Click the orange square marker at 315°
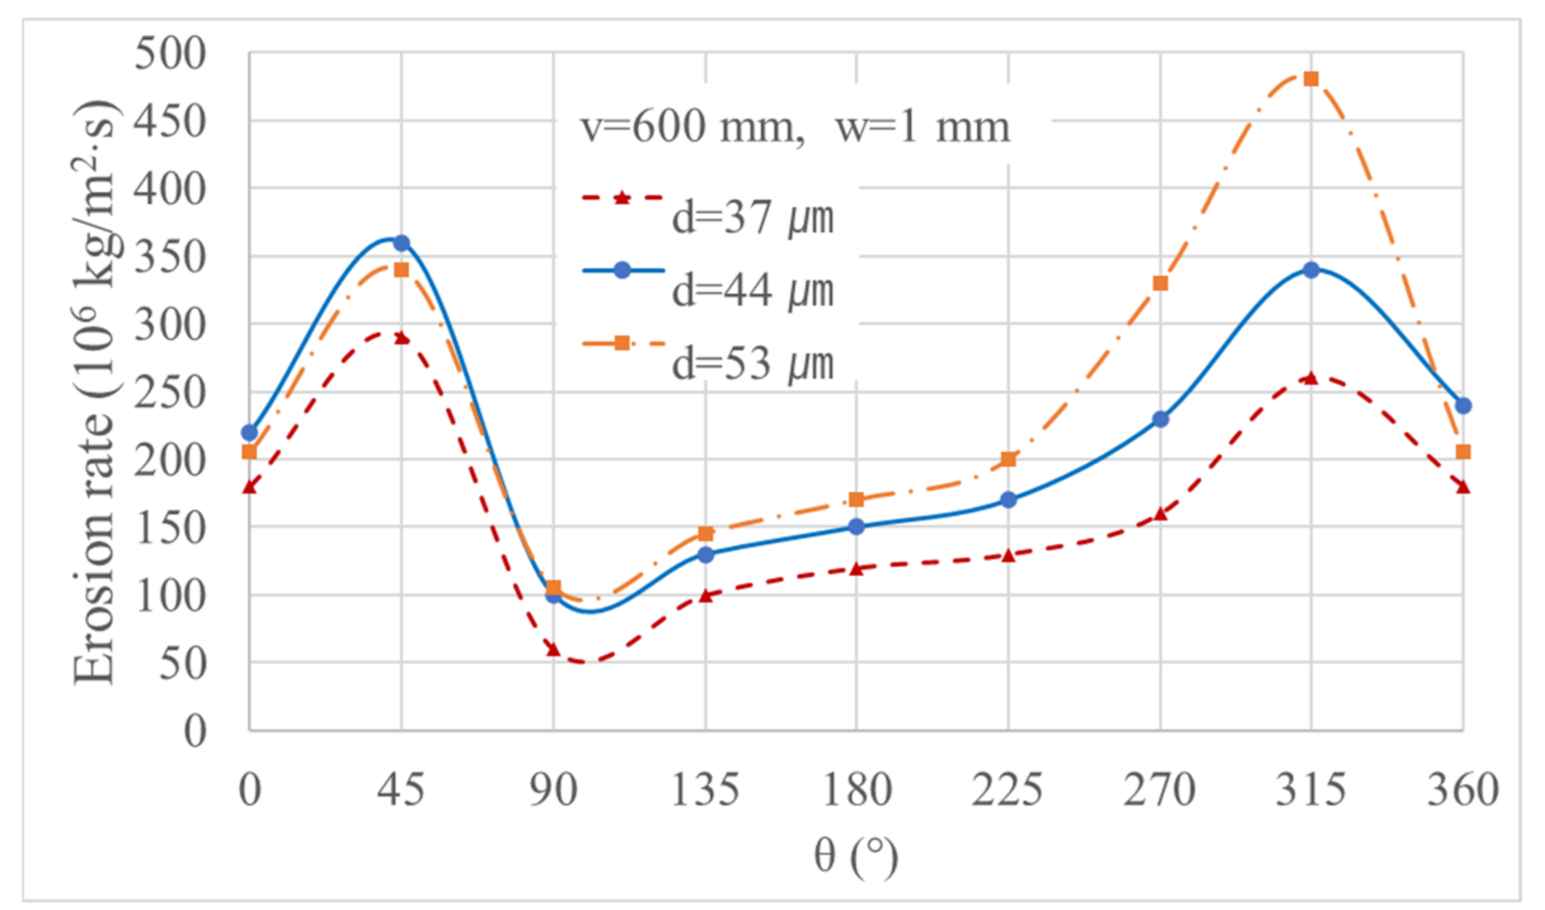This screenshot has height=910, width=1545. (1311, 79)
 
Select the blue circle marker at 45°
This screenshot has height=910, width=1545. (401, 243)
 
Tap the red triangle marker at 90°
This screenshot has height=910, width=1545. (553, 649)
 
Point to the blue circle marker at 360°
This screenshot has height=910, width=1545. (1463, 405)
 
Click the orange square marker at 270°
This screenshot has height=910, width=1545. (1160, 283)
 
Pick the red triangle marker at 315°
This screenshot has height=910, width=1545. (1311, 378)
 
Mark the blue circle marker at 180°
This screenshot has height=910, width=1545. (856, 526)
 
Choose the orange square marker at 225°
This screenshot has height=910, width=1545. (1008, 459)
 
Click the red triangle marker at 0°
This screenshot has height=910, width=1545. (249, 487)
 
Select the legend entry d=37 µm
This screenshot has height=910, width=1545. (752, 217)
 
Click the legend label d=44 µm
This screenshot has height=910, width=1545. (752, 290)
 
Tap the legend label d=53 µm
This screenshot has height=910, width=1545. (752, 363)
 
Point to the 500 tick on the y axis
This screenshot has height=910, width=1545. (170, 53)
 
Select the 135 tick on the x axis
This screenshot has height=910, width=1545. (705, 790)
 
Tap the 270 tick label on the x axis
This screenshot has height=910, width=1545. (1160, 790)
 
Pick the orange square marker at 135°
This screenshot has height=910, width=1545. (705, 533)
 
